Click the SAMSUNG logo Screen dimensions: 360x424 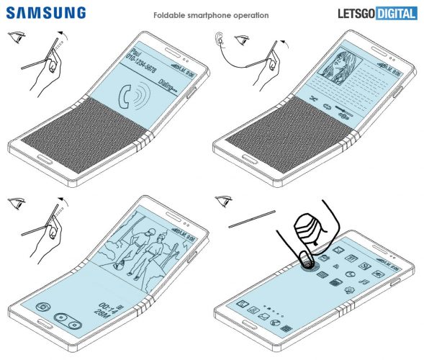point(44,13)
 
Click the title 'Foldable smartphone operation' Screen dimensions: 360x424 point(212,15)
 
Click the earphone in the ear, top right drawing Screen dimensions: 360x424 point(220,40)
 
